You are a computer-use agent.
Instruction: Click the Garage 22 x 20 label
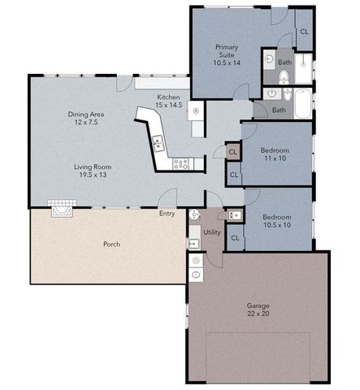[258, 310]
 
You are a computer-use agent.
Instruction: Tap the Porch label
[112, 244]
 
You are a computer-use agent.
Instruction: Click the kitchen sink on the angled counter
[158, 145]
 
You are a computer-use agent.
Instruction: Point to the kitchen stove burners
[181, 163]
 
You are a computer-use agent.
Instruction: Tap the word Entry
[167, 214]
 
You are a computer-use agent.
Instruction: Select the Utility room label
[212, 232]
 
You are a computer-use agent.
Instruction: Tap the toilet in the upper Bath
[283, 78]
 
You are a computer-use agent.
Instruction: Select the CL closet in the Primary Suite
[304, 32]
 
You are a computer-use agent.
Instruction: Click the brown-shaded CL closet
[232, 152]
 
